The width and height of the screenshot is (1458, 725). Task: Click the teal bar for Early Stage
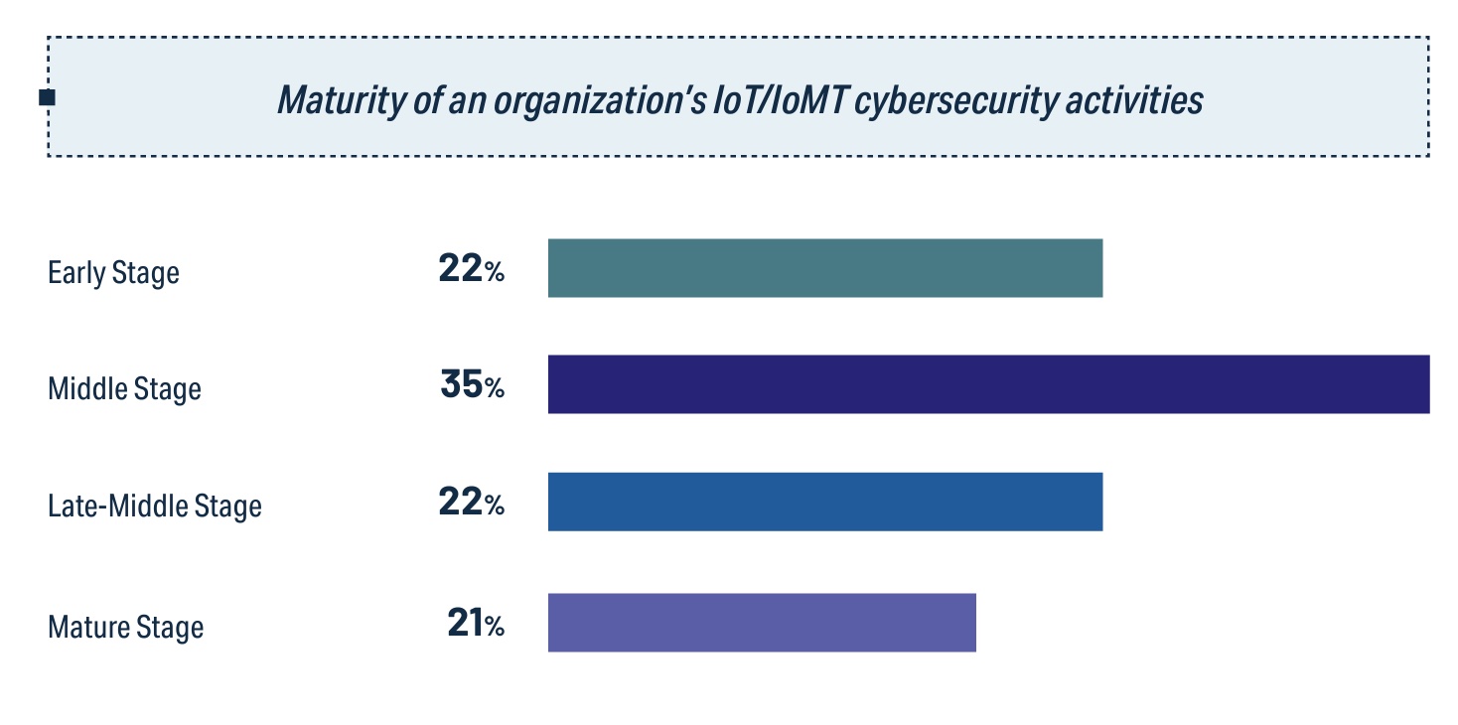pos(824,268)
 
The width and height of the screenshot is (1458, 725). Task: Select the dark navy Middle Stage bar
pos(988,384)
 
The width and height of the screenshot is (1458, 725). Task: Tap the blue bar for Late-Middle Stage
pos(824,502)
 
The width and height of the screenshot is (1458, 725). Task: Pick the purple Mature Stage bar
pos(762,623)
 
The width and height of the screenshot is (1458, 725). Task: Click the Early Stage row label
pos(113,272)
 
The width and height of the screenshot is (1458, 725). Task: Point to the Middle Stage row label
pos(124,388)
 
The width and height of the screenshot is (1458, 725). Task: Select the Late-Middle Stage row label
pos(155,506)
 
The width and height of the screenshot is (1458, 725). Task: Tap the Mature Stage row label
pos(125,628)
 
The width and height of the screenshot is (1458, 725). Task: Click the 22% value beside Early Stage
pos(471,269)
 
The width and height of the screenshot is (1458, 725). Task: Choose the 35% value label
pos(472,385)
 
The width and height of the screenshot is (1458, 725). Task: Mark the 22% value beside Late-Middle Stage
pos(471,503)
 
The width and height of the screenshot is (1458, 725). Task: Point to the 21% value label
pos(475,624)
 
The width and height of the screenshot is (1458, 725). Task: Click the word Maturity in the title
pos(334,100)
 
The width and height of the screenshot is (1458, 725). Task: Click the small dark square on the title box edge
pos(47,97)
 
